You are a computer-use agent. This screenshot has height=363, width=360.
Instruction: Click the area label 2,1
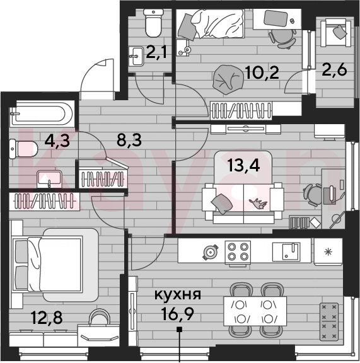(156, 53)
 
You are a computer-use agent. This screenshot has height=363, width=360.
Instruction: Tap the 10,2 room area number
(262, 72)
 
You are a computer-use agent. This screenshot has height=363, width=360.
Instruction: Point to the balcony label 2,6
(334, 69)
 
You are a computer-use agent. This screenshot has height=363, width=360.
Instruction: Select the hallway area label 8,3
(129, 140)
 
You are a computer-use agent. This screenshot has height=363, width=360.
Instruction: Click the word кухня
(178, 296)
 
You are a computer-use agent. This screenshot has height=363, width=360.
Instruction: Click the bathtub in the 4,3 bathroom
(42, 113)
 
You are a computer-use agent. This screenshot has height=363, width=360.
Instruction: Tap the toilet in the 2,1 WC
(153, 23)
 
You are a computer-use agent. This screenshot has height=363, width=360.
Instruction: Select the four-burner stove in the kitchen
(238, 253)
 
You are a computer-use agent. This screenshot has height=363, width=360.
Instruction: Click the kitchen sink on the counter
(286, 251)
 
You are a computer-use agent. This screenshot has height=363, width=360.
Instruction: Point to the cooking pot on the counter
(211, 252)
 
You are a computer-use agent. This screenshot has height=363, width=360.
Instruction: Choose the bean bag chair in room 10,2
(228, 79)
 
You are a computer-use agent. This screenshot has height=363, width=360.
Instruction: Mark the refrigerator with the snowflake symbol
(328, 252)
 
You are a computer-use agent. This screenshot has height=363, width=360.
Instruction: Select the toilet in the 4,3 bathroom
(23, 149)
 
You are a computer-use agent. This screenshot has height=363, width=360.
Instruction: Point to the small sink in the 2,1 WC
(136, 56)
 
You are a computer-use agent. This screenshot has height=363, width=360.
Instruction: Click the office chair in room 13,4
(312, 195)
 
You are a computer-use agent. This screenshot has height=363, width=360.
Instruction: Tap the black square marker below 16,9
(179, 330)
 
